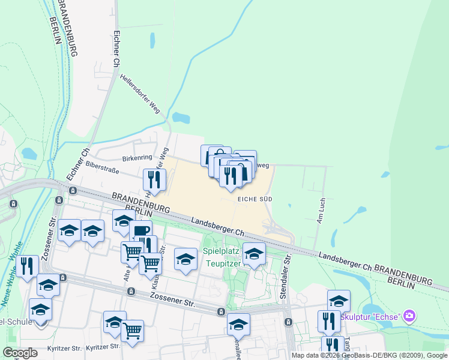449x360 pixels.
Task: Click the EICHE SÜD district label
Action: (x=256, y=198)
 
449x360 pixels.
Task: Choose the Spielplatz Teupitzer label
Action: (x=222, y=257)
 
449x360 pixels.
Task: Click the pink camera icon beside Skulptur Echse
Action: (x=409, y=315)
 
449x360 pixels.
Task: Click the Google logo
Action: (x=20, y=353)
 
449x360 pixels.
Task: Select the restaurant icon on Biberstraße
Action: (x=154, y=179)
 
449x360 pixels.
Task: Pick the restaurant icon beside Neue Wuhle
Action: (x=27, y=266)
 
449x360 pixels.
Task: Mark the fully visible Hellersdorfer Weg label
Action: (x=140, y=94)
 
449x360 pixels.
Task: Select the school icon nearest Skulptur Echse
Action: (x=339, y=301)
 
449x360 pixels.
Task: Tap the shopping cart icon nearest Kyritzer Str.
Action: (x=132, y=331)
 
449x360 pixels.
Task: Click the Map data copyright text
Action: (x=369, y=355)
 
